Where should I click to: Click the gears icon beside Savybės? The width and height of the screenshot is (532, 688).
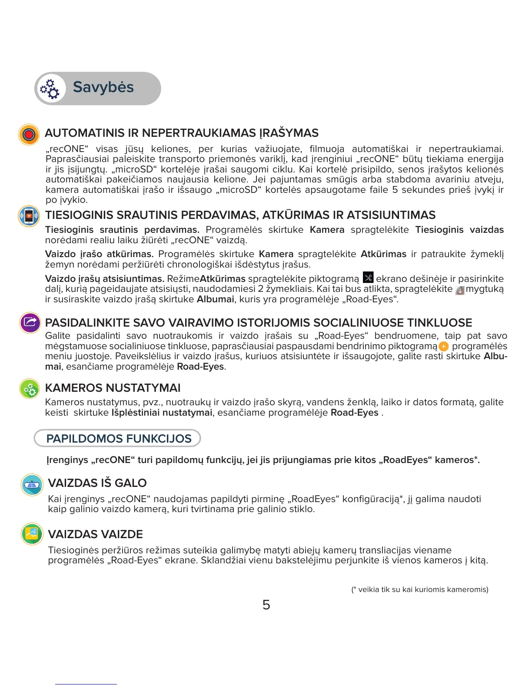point(50,89)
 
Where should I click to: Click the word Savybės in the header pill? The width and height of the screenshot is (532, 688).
point(103,87)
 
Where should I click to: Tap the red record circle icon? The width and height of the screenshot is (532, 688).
point(29,134)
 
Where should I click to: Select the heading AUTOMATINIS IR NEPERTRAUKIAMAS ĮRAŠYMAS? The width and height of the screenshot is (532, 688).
point(182,133)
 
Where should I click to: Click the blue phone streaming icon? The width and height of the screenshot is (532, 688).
point(29,216)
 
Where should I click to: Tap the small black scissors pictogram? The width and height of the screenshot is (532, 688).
point(368,278)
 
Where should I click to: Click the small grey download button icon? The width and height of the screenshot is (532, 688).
point(459,290)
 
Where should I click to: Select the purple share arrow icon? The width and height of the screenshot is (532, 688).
point(30,323)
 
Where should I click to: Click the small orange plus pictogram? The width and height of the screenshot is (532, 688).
point(443,347)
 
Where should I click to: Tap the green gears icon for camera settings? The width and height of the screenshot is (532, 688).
point(30,389)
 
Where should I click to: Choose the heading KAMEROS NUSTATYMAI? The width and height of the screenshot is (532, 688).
point(113,388)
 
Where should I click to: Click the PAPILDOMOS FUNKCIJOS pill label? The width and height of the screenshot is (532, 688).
point(119,439)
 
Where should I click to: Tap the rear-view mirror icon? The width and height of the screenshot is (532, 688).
point(32,485)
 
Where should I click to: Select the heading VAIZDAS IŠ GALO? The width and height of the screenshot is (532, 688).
point(97,483)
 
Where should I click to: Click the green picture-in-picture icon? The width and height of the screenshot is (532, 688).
point(32,534)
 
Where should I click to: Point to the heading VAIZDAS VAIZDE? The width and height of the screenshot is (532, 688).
point(96,534)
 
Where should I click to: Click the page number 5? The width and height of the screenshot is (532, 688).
point(266,605)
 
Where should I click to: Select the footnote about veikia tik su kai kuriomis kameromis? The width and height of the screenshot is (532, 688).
point(420,589)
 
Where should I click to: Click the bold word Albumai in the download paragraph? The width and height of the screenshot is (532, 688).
point(215,299)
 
